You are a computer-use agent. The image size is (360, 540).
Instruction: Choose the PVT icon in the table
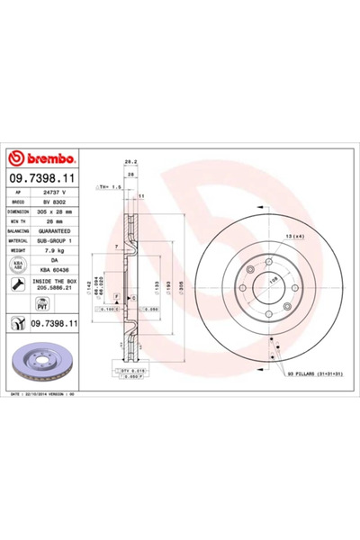tap(19, 307)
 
